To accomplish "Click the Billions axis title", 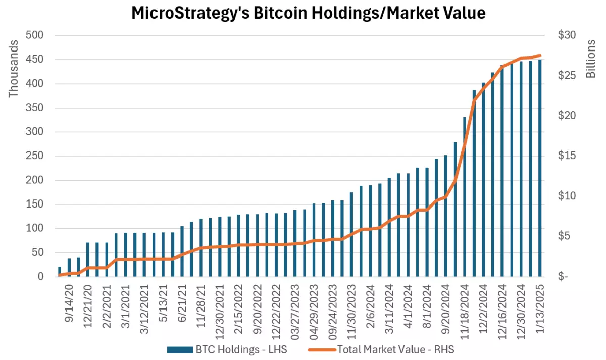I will coord(591,58).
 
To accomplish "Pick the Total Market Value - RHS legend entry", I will coord(384,349).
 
